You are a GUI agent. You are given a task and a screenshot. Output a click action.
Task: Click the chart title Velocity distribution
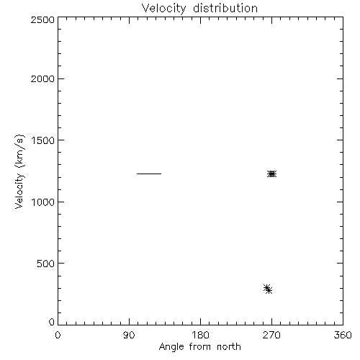pos(199,9)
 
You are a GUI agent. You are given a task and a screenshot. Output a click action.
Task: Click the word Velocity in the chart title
pos(163,9)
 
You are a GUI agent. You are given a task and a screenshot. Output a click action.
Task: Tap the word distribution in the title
pos(225,8)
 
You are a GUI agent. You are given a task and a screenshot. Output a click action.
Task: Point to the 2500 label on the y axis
pos(42,19)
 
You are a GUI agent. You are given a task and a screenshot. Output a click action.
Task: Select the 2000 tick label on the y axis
pos(42,78)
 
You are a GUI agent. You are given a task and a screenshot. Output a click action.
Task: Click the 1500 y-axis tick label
pos(43,140)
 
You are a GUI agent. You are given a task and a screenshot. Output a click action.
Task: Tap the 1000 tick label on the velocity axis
pos(43,202)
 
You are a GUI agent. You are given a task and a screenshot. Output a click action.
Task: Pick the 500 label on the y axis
pos(46,264)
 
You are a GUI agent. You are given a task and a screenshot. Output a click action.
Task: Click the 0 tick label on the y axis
pos(52,322)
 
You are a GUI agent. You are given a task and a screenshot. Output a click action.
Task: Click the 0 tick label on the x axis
pos(58,335)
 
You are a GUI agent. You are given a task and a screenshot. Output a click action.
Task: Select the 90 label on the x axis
pos(129,335)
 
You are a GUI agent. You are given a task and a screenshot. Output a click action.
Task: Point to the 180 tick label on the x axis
pos(200,335)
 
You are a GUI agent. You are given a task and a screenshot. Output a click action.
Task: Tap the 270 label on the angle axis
pos(271,335)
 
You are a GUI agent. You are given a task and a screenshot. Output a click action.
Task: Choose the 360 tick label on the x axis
pos(343,335)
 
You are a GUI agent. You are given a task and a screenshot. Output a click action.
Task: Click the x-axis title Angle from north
pos(199,347)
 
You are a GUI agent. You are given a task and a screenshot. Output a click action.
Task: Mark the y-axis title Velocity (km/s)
pos(19,171)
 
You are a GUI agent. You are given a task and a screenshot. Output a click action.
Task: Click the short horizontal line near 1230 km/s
pos(149,174)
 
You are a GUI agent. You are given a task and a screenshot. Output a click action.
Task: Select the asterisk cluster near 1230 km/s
pos(271,174)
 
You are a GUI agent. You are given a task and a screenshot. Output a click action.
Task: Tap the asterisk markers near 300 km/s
pos(268,289)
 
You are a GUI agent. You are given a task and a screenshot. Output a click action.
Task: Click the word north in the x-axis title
pos(229,346)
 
